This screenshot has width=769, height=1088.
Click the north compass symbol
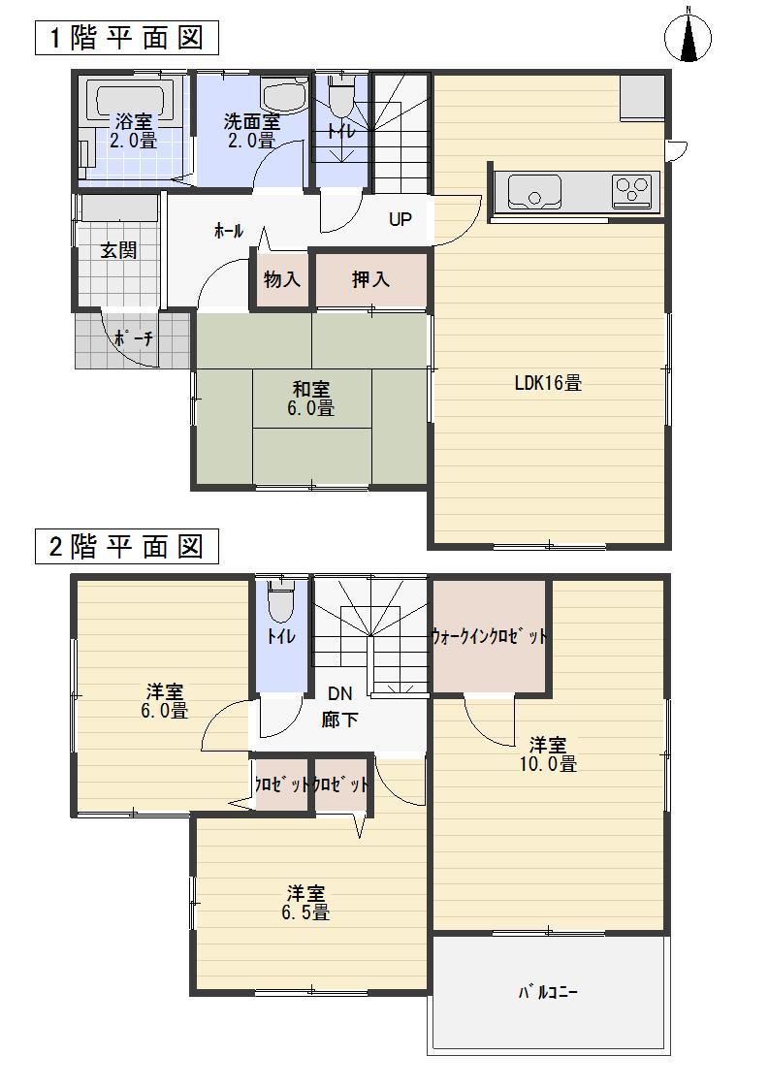(x=688, y=38)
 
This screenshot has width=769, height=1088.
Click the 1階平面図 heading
(x=124, y=39)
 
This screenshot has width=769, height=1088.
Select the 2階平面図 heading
(x=124, y=547)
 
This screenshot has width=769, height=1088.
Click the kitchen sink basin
(x=530, y=191)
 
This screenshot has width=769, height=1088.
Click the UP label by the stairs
(x=400, y=219)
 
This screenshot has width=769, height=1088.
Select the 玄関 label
(x=119, y=250)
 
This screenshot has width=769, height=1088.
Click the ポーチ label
(x=132, y=339)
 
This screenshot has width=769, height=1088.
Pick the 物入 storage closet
(x=281, y=279)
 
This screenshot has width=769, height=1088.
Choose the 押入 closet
(x=369, y=279)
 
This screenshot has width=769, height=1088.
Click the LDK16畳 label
(x=548, y=382)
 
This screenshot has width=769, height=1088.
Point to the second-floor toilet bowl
(x=281, y=602)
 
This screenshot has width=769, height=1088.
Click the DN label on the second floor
(x=339, y=693)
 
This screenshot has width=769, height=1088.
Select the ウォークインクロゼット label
(x=490, y=637)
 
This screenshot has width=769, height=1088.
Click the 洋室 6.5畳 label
(x=308, y=902)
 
